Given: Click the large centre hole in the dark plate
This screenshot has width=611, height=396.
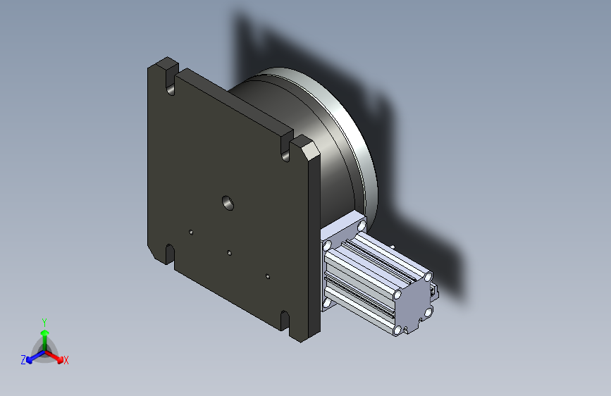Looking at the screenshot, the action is click(x=228, y=203).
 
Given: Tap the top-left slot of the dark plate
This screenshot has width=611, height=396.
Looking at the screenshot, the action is click(x=171, y=82).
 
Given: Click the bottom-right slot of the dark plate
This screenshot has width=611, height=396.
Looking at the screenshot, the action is click(x=285, y=321).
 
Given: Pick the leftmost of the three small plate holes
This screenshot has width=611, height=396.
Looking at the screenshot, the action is click(x=191, y=233).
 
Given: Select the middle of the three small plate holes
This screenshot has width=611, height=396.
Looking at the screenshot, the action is click(x=230, y=253).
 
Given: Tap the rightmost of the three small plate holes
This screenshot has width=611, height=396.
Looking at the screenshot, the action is click(x=268, y=276).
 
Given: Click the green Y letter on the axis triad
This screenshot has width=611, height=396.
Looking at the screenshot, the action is click(x=44, y=323).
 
